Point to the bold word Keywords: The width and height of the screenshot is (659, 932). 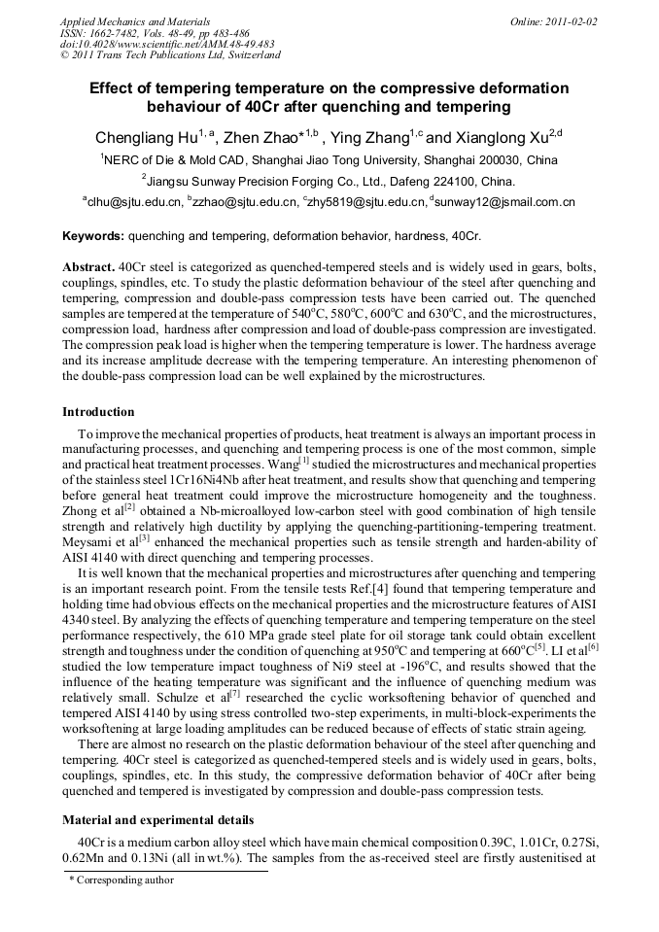click(x=93, y=236)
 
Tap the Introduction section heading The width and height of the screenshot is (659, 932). click(x=98, y=412)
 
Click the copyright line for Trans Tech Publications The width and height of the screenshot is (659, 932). click(x=170, y=55)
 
